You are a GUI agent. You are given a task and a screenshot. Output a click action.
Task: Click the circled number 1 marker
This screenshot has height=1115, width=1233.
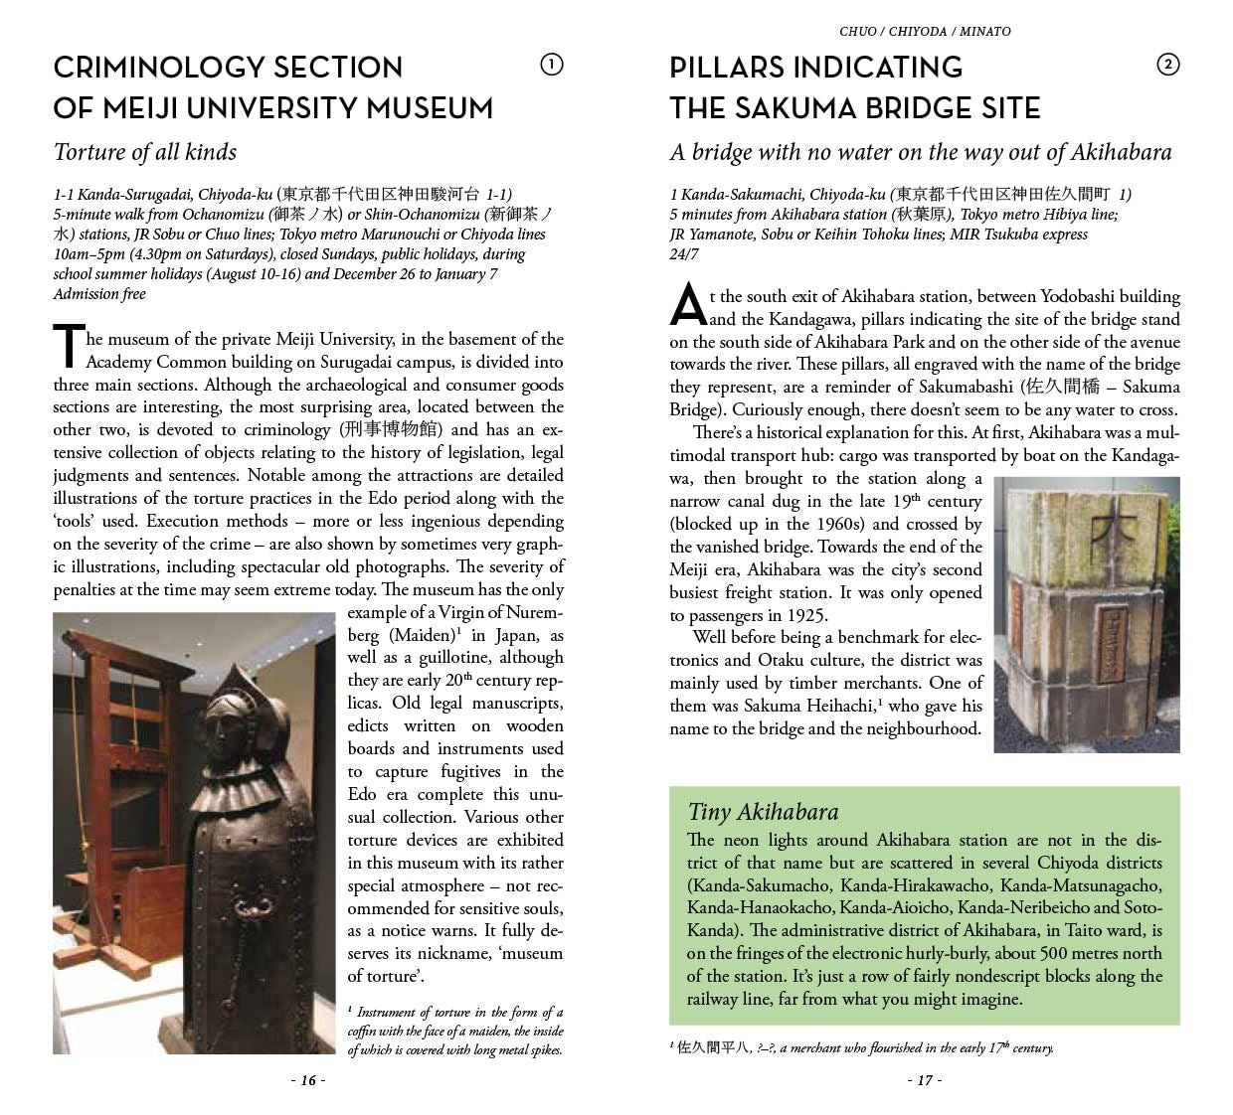551,66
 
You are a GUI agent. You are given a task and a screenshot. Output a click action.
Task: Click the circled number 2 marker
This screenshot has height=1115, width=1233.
1168,66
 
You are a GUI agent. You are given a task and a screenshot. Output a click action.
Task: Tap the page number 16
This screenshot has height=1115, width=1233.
308,1080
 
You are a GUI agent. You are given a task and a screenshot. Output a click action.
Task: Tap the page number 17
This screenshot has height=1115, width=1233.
924,1080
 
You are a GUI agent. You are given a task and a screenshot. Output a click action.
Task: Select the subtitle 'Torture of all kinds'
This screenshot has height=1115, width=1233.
145,152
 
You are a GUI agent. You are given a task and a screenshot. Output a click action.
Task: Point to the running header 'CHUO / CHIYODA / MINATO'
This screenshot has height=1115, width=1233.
925,31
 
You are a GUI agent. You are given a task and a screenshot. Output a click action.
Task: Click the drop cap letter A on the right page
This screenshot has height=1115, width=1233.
687,305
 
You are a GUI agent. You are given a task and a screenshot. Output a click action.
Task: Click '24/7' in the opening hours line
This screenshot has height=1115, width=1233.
684,254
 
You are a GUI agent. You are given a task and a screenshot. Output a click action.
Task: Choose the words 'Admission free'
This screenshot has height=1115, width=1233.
99,294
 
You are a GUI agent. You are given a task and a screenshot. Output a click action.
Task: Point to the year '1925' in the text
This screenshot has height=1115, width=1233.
806,615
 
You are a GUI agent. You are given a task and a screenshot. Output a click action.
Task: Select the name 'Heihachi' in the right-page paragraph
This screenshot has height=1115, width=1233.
840,707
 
